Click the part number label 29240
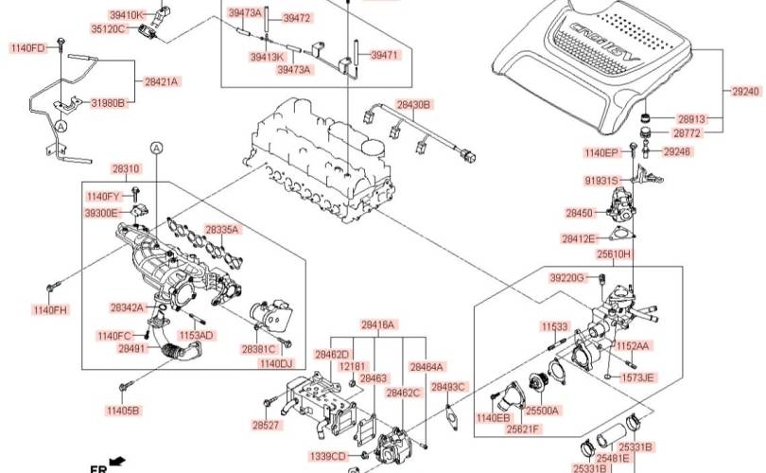(745, 91)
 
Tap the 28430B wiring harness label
(413, 104)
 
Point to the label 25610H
(613, 255)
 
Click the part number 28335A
(222, 230)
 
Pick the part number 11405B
(123, 411)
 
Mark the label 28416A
(377, 324)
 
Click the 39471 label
(384, 56)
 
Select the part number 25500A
(543, 411)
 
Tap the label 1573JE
(637, 377)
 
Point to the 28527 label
(267, 426)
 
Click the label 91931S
(601, 180)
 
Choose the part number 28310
(126, 169)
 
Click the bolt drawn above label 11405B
(124, 387)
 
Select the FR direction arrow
(119, 461)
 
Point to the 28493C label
(449, 387)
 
